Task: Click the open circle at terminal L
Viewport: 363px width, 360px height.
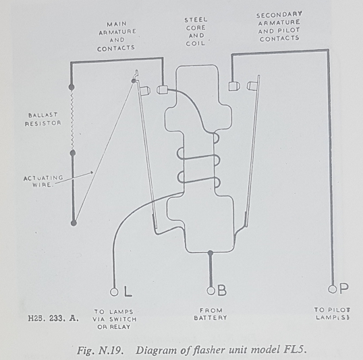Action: coord(114,292)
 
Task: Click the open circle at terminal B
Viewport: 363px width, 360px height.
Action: coord(211,291)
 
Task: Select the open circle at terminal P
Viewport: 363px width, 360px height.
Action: coord(332,289)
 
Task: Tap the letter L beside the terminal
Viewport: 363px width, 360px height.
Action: coord(128,291)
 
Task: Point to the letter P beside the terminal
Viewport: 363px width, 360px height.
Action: coord(344,289)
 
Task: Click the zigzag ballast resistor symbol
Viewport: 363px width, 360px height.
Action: coord(72,120)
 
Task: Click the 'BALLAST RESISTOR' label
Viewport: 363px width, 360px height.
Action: coord(43,119)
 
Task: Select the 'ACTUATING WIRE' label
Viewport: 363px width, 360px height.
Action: coord(43,181)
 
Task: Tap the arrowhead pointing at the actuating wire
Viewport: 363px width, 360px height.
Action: coord(92,173)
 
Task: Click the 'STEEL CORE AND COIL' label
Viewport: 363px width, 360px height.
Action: coord(196,32)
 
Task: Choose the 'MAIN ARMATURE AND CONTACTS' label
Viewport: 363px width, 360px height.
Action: coord(117,36)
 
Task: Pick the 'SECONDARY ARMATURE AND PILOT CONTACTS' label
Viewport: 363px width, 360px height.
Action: coord(279,27)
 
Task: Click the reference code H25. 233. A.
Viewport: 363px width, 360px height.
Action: coord(53,319)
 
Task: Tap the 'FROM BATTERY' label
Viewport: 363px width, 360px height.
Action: coord(211,314)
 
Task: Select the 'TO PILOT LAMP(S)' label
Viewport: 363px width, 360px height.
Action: coord(332,313)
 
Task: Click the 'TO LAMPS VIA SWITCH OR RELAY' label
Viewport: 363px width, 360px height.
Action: coord(115,320)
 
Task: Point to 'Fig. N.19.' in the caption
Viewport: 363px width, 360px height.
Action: coord(100,351)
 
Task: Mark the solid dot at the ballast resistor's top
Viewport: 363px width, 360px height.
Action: coord(72,87)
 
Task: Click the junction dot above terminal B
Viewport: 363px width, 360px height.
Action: coord(211,253)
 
